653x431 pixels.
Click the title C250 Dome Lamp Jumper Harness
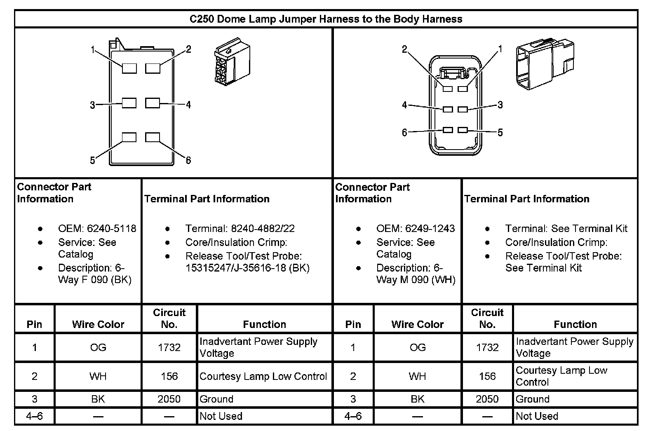point(326,19)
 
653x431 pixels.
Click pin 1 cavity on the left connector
point(129,68)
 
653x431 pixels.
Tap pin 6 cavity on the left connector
point(153,137)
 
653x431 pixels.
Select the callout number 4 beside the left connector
point(188,105)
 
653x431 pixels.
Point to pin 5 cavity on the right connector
point(463,130)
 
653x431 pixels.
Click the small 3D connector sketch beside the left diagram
point(232,62)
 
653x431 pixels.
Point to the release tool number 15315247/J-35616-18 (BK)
point(247,268)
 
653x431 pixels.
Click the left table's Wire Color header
point(98,324)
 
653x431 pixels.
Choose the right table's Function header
point(575,324)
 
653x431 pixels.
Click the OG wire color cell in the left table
point(98,347)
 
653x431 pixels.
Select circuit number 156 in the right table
point(487,376)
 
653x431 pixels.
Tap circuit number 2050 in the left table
point(169,399)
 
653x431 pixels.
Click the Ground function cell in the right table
point(533,399)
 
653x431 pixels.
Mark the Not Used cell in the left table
point(221,416)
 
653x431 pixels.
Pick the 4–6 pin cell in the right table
point(353,416)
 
